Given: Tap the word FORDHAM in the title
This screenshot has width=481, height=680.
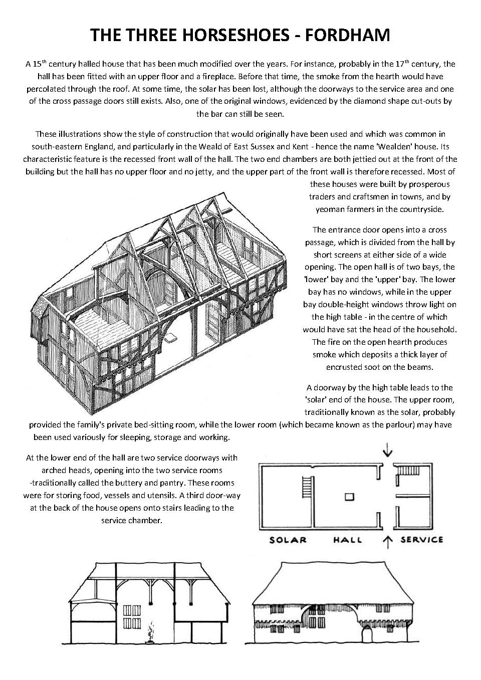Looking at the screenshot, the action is click(348, 35).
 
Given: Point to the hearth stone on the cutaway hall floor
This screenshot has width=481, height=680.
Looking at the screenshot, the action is click(171, 337).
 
